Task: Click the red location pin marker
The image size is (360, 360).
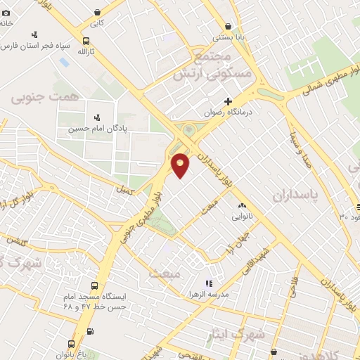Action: coord(181,165)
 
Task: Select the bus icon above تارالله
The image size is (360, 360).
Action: coord(85,41)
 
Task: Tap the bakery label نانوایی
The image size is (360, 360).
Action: coord(240,217)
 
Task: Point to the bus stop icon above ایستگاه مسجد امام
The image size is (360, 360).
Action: coord(94,286)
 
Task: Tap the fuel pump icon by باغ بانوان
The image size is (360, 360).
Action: coord(89,331)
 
